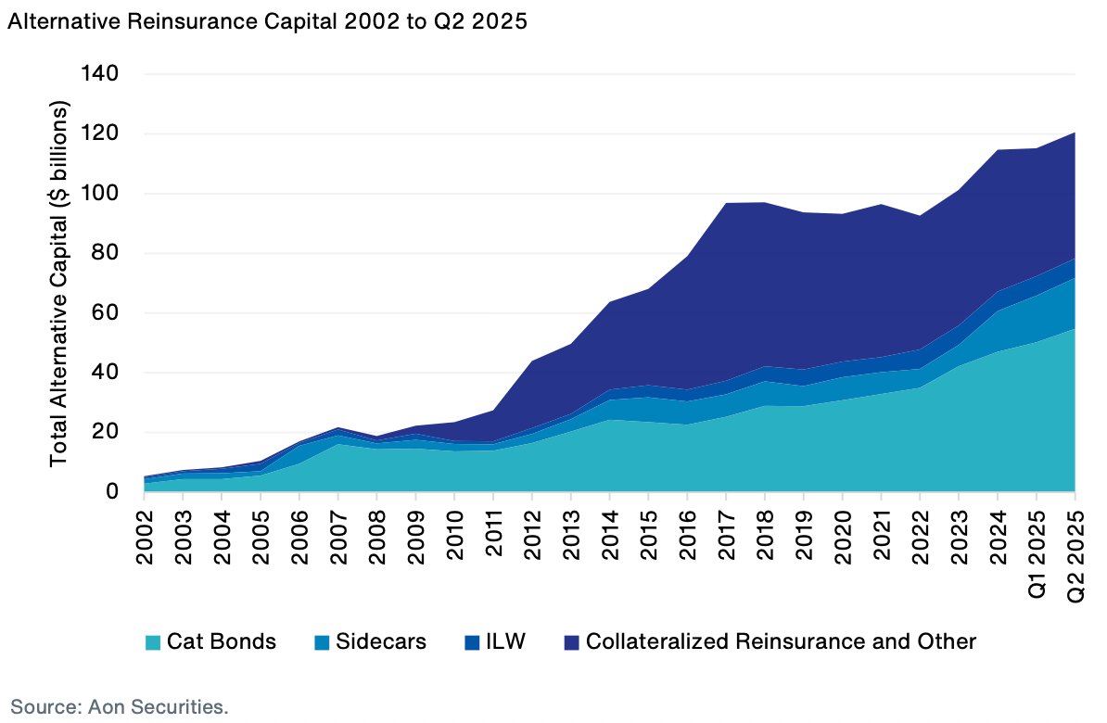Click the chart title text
[x=267, y=24]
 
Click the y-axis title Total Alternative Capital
[x=60, y=283]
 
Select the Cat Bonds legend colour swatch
[x=153, y=641]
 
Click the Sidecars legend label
[x=381, y=641]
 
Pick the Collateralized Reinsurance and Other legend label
[x=782, y=641]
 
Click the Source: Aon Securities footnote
[x=120, y=706]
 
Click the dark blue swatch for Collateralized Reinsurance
[x=572, y=641]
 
